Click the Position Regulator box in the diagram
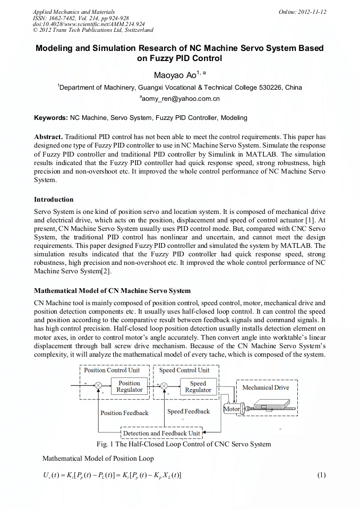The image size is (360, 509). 129,386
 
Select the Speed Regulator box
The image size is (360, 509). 198,386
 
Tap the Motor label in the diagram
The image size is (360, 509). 232,409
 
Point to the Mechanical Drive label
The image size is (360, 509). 265,387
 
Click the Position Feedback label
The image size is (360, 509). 124,413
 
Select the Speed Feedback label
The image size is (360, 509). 188,411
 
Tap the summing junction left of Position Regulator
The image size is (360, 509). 98,386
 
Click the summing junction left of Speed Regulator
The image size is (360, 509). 164,386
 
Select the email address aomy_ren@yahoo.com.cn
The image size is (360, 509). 180,99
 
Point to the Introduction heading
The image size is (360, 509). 54,200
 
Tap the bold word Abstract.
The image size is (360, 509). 48,136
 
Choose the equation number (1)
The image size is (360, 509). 321,475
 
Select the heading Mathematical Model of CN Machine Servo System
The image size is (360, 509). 112,291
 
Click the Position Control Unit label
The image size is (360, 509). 112,370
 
